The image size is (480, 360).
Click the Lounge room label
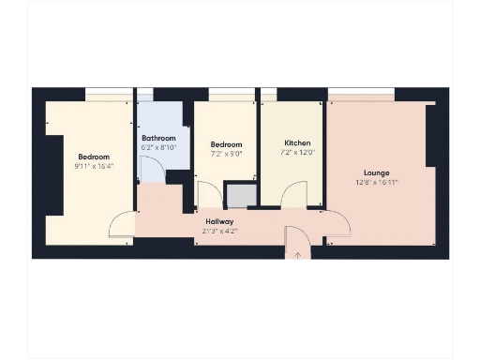[377, 172]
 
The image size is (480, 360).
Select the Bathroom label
[157, 139]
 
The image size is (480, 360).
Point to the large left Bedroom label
[94, 157]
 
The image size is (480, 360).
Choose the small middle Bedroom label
[226, 145]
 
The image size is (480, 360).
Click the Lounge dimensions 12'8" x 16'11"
[377, 182]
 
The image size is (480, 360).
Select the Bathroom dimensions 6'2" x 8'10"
[157, 147]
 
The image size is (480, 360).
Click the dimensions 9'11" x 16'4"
[94, 166]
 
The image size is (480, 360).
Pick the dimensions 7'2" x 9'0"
[226, 154]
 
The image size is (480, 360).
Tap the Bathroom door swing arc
[150, 169]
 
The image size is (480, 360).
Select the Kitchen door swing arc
[294, 195]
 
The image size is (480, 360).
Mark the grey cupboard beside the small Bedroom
[240, 195]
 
